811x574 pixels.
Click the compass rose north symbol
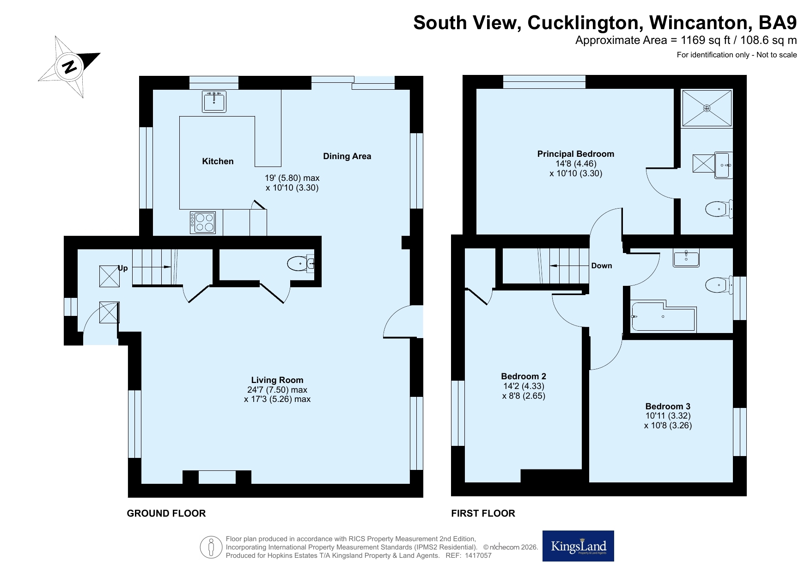click(x=69, y=67)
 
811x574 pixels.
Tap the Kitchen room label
click(x=218, y=161)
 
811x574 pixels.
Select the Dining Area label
click(x=347, y=156)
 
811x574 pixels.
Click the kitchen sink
click(x=214, y=101)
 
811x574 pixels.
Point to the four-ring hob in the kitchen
click(x=203, y=222)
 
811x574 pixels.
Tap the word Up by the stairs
click(x=123, y=268)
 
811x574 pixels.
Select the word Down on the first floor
click(x=602, y=265)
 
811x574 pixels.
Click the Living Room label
click(x=277, y=380)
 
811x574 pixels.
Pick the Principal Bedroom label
click(x=576, y=154)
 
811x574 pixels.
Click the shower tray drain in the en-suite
click(x=707, y=108)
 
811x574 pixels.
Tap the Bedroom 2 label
click(x=524, y=376)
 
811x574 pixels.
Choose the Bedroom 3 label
click(x=668, y=406)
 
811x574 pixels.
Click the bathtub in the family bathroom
click(x=663, y=316)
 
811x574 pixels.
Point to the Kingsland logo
click(x=578, y=546)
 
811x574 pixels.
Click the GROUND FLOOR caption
click(x=166, y=513)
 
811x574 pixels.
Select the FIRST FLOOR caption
click(x=483, y=513)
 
